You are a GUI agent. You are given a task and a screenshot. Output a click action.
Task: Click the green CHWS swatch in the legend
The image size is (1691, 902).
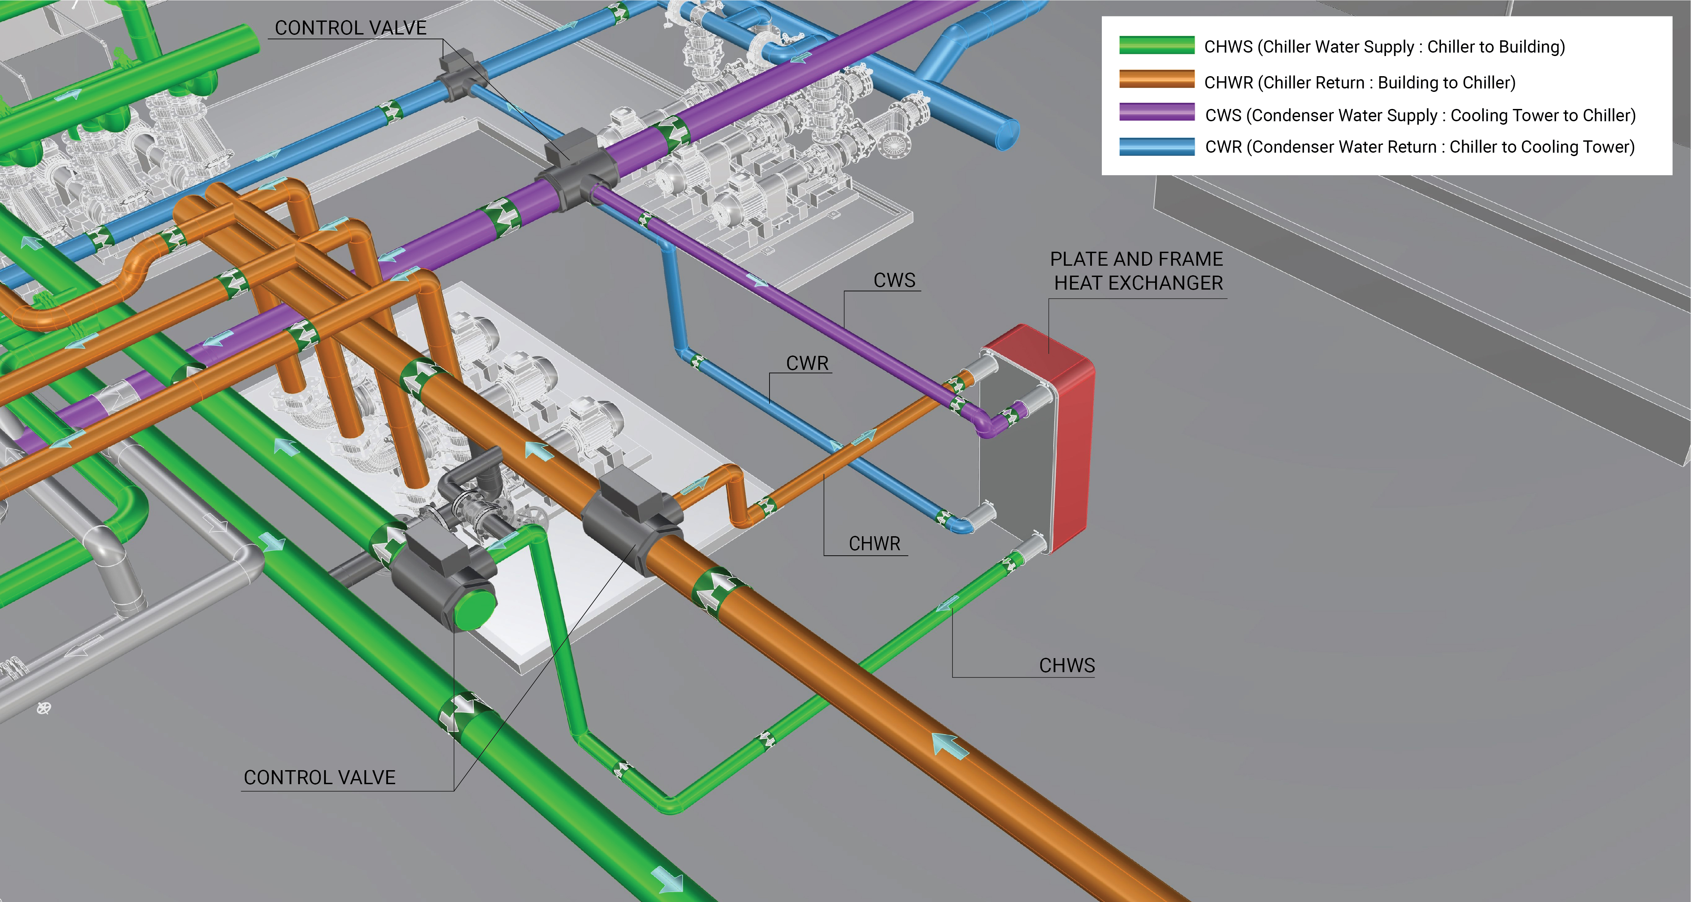1157,45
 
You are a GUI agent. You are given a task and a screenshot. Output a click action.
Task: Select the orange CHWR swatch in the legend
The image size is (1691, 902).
1157,80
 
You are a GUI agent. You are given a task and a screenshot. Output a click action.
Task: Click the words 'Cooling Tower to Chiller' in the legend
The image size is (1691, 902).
1543,115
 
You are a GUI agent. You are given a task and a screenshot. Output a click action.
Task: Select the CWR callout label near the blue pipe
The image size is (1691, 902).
807,363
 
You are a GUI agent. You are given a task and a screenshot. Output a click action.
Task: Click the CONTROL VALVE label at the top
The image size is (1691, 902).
350,28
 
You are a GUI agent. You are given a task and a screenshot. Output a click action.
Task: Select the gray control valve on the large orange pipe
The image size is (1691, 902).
630,518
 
